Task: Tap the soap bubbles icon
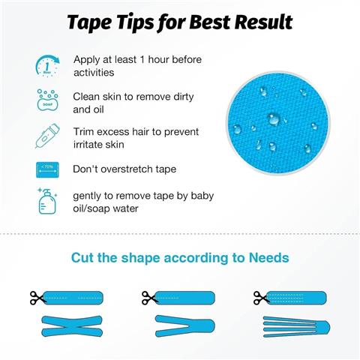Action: [x=47, y=101]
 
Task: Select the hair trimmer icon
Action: [x=47, y=137]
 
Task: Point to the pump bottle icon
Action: [x=47, y=202]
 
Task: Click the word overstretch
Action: [x=127, y=169]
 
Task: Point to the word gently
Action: [x=89, y=195]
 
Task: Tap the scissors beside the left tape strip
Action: [x=37, y=298]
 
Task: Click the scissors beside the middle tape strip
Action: [x=150, y=298]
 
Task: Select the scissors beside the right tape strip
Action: [x=261, y=297]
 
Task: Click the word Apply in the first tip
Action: [x=87, y=59]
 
